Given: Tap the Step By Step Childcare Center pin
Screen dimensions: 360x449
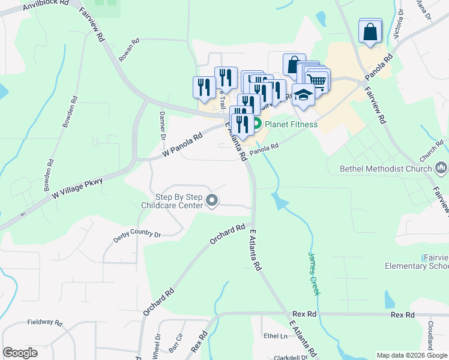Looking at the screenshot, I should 211,200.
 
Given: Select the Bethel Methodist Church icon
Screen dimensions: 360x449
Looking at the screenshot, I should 441,167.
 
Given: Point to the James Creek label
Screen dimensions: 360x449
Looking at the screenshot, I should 313,273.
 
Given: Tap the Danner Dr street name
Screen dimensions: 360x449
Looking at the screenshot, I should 162,125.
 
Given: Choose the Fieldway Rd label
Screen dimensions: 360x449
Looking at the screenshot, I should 45,322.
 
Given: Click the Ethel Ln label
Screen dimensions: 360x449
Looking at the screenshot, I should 276,336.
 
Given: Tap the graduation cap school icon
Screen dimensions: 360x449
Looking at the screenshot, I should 304,95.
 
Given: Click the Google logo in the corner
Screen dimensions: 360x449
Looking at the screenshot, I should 20,353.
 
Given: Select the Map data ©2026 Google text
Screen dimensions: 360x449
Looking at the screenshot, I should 412,355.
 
